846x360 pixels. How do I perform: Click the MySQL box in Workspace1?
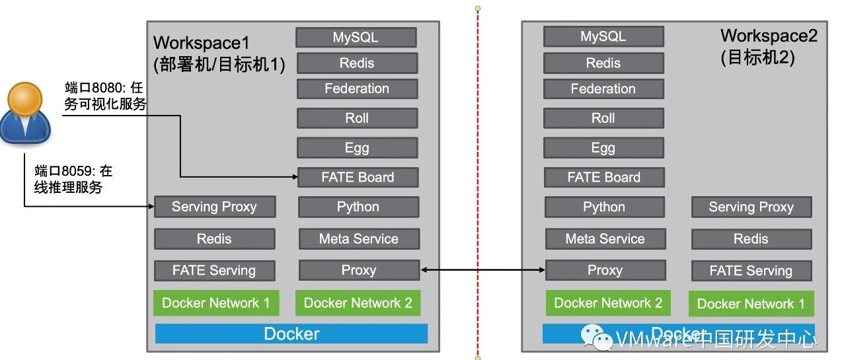coord(356,38)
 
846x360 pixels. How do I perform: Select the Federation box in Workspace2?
coord(603,89)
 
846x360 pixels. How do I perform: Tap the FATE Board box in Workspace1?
coord(358,177)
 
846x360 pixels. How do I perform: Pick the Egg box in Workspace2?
coord(603,148)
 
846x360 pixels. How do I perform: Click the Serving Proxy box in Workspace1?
coord(214,207)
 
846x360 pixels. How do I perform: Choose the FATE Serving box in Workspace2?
coord(751,271)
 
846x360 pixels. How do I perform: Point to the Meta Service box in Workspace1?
coord(358,239)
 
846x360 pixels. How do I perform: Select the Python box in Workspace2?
coord(604,207)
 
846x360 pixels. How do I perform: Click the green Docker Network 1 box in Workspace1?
coord(215,303)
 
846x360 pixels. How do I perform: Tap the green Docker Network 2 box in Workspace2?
coord(607,303)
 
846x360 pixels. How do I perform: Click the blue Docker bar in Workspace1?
coord(291,334)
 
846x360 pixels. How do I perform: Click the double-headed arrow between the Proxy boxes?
coord(482,270)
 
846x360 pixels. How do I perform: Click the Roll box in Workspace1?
coord(357,118)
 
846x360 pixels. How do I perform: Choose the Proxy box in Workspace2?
coord(605,270)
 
